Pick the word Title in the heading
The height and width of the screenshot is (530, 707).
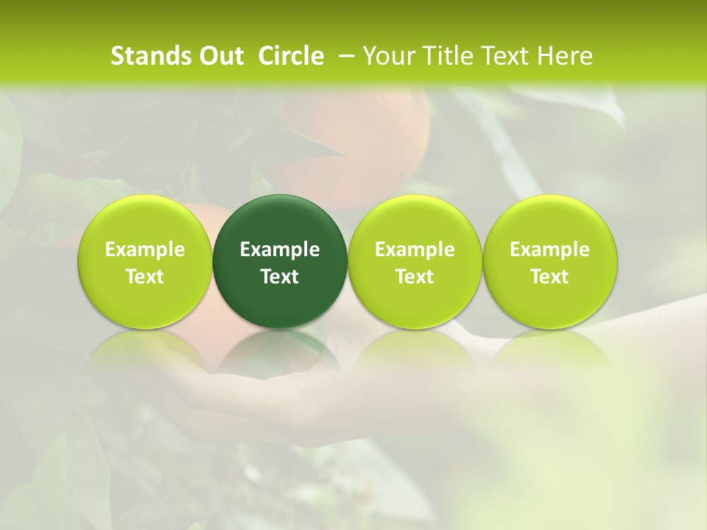pos(445,56)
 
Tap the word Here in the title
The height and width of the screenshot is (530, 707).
pos(564,56)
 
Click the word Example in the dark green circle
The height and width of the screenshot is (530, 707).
pos(280,250)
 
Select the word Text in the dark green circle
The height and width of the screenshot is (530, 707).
pos(280,277)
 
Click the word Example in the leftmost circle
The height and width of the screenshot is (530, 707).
pos(145,250)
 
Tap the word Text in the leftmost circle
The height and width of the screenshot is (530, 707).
pos(145,277)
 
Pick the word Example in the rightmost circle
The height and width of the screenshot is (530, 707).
pos(550,250)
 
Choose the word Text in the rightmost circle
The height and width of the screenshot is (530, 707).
pos(550,277)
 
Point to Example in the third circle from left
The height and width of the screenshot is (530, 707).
pos(415,250)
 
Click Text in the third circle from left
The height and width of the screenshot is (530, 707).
pos(415,277)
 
